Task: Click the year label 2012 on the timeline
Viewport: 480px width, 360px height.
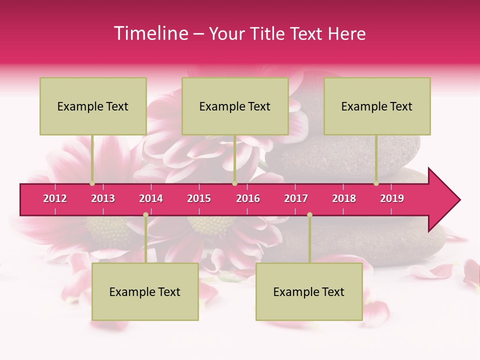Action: pyautogui.click(x=55, y=198)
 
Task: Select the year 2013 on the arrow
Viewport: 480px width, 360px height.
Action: pyautogui.click(x=103, y=198)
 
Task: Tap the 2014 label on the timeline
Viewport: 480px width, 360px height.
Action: pyautogui.click(x=151, y=198)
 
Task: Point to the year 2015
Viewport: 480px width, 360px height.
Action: pyautogui.click(x=199, y=198)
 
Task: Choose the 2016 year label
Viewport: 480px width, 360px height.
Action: pyautogui.click(x=248, y=198)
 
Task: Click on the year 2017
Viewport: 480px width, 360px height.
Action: pyautogui.click(x=296, y=198)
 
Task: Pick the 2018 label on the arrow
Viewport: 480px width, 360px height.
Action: pyautogui.click(x=344, y=198)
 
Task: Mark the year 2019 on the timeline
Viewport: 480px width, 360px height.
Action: pyautogui.click(x=392, y=198)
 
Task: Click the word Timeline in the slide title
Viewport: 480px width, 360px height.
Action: pyautogui.click(x=150, y=33)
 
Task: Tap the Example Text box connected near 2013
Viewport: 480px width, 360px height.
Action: pyautogui.click(x=93, y=106)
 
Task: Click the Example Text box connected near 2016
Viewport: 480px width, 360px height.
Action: pyautogui.click(x=235, y=106)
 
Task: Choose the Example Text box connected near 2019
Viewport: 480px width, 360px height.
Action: pyautogui.click(x=377, y=106)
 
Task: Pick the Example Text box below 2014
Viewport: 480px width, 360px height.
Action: pyautogui.click(x=145, y=291)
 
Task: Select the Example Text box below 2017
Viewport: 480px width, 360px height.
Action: pyautogui.click(x=309, y=291)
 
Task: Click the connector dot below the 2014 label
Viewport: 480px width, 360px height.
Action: pyautogui.click(x=145, y=214)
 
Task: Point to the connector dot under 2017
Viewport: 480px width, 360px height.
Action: pyautogui.click(x=309, y=214)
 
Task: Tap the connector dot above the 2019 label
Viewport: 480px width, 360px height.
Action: pyautogui.click(x=376, y=183)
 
